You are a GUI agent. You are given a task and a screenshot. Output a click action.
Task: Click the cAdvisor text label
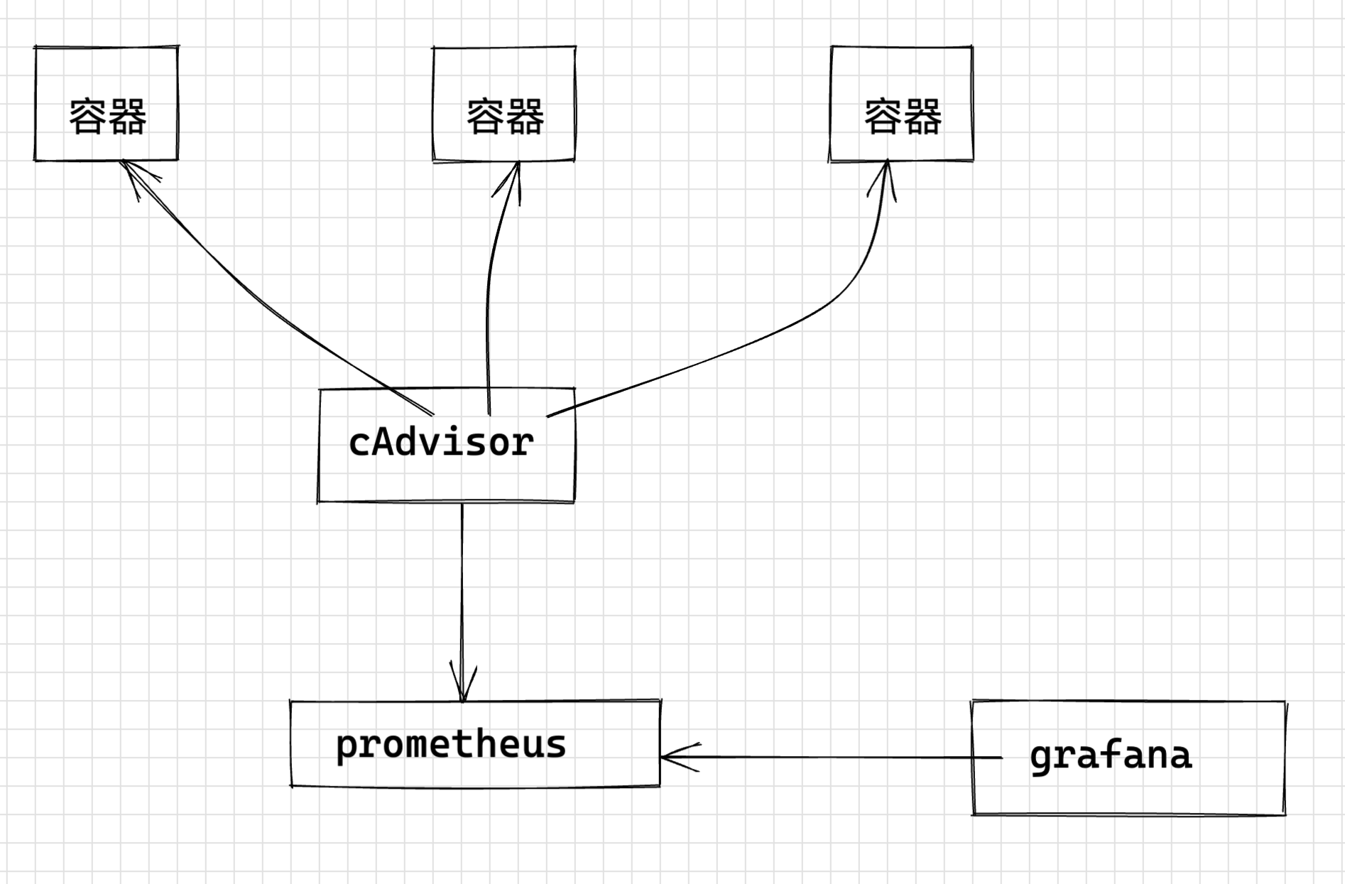(441, 443)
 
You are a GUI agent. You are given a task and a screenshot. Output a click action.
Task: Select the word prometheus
(451, 745)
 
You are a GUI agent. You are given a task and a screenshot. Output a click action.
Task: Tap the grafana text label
(1111, 755)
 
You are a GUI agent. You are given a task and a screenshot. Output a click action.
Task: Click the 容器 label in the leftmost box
(107, 117)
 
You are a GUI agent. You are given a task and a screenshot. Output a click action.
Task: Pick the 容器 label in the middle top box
(505, 117)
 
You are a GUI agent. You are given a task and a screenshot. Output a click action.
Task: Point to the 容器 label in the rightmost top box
(903, 117)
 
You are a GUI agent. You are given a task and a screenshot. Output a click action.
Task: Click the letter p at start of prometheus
(346, 748)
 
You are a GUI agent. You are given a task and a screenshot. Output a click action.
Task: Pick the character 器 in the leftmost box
(128, 117)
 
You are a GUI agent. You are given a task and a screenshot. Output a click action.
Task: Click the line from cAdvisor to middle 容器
(489, 298)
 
